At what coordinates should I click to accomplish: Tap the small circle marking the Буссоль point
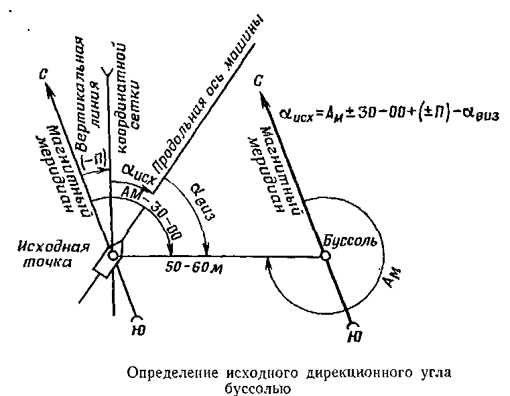tap(325, 256)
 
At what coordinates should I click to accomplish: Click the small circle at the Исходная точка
tap(113, 255)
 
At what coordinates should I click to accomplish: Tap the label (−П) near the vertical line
tap(97, 160)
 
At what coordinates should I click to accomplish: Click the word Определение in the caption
tap(162, 372)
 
